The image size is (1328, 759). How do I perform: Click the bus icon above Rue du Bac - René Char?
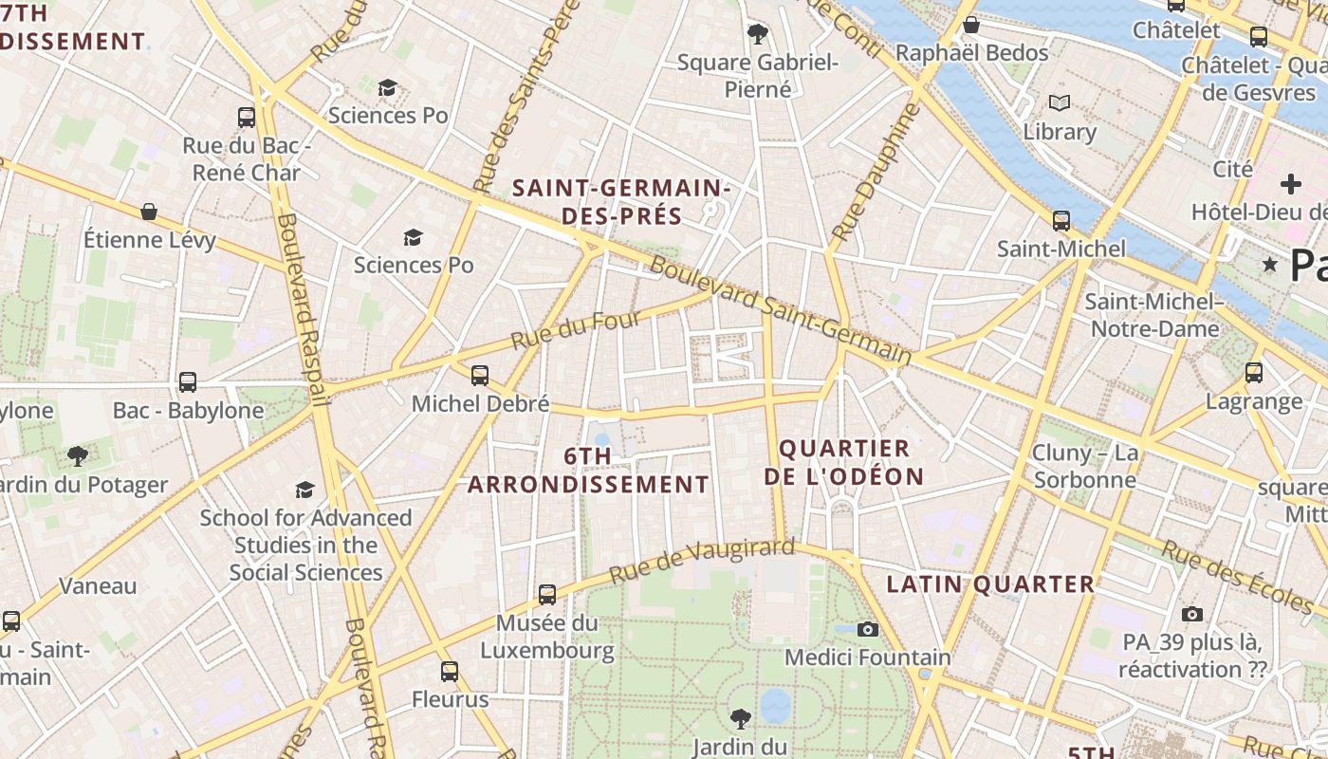(x=247, y=118)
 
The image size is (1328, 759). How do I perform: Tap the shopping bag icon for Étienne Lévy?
(x=149, y=212)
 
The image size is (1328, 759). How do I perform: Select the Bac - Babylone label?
(x=188, y=411)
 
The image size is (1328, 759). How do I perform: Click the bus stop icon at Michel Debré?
(x=480, y=376)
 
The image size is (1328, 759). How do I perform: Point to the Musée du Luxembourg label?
(x=547, y=637)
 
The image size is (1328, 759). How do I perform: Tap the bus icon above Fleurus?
(x=450, y=673)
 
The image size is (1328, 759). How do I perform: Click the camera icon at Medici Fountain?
(x=867, y=629)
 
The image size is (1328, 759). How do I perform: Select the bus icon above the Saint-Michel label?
(x=1061, y=221)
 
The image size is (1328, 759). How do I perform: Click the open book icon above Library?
(x=1060, y=102)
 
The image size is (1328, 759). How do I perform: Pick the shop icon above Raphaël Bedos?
(x=971, y=25)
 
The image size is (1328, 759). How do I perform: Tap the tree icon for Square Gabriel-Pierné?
(x=757, y=35)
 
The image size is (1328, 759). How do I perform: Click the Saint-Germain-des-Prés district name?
(x=621, y=202)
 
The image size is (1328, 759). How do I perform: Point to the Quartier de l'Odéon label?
(x=844, y=462)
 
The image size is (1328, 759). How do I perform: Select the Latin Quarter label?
(x=990, y=584)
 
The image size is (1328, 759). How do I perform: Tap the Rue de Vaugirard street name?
(x=701, y=561)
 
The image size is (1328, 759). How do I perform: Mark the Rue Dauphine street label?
(x=876, y=171)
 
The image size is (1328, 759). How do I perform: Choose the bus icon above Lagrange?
(x=1254, y=373)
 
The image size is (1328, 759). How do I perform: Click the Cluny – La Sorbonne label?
(x=1085, y=466)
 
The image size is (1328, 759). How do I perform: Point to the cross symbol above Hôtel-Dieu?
(x=1290, y=183)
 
